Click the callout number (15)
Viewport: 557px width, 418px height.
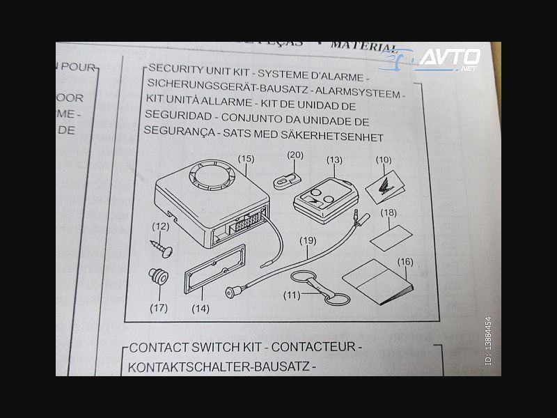pos(246,159)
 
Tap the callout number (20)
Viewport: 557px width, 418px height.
pos(295,154)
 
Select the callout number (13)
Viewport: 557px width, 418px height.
pos(334,160)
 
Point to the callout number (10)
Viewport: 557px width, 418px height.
pos(384,160)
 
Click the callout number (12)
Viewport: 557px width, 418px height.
pos(161,226)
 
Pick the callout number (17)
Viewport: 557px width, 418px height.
pos(159,307)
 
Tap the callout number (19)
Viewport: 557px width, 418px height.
pos(308,241)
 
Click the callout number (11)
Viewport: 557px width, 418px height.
pos(295,295)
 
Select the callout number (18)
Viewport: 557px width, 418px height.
pos(389,212)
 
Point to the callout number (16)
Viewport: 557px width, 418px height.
pos(405,262)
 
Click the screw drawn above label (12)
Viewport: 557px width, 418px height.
pos(162,244)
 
